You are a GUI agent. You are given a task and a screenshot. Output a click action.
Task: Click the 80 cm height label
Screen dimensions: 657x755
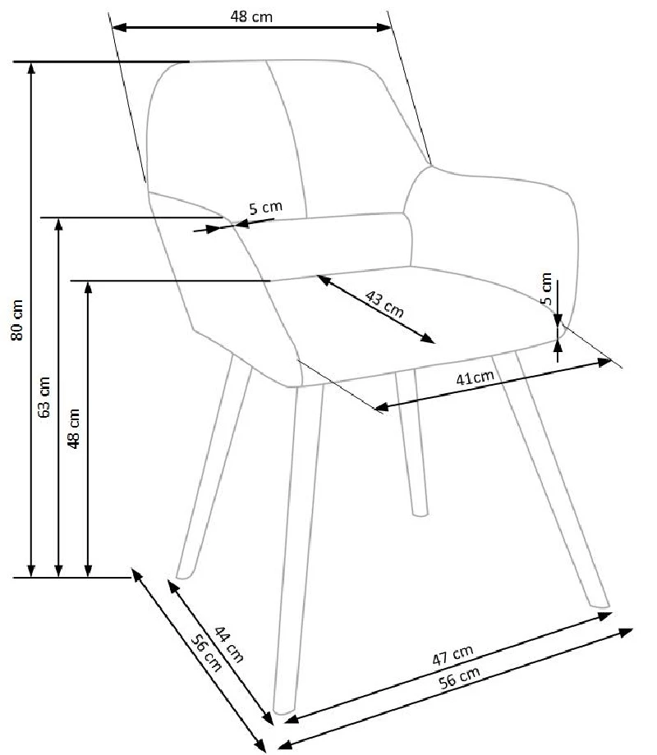coord(17,320)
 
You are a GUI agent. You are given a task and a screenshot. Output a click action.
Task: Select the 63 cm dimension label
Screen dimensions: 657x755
coord(44,396)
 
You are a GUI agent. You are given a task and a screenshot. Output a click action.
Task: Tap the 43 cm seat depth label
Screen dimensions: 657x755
coord(384,304)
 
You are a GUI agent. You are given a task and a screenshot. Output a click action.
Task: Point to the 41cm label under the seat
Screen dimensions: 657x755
coord(476,377)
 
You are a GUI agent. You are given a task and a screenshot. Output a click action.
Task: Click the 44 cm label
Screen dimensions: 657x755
coord(229,643)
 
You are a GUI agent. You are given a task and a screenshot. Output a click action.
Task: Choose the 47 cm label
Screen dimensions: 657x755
coord(453,656)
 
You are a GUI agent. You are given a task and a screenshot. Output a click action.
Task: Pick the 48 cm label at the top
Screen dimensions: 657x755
coord(251,17)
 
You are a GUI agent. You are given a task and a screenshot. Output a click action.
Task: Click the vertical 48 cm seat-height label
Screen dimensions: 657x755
coord(73,428)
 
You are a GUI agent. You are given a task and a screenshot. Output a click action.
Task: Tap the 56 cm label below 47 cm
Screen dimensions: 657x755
coord(459,678)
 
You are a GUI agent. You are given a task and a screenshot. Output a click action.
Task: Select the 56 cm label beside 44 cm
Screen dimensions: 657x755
coord(206,653)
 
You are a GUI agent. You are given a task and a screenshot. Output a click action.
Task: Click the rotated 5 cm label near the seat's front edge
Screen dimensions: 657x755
coord(546,288)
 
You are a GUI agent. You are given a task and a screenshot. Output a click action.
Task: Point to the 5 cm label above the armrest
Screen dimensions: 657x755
coord(265,208)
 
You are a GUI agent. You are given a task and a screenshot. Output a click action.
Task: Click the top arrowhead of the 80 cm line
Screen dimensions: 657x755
coord(31,67)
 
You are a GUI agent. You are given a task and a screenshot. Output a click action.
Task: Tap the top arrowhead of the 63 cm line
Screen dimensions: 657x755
coord(59,223)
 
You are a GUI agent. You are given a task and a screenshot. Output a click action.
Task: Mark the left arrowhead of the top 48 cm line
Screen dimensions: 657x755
coord(118,27)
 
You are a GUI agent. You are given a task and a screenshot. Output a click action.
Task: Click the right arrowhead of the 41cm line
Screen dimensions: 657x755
coord(605,362)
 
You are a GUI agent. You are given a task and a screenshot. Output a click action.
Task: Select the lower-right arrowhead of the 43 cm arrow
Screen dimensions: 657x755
coord(428,338)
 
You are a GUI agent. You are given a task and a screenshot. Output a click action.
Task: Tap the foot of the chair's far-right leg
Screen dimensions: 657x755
coord(600,604)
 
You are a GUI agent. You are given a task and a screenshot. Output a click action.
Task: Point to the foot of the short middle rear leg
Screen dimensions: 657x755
coord(420,513)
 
